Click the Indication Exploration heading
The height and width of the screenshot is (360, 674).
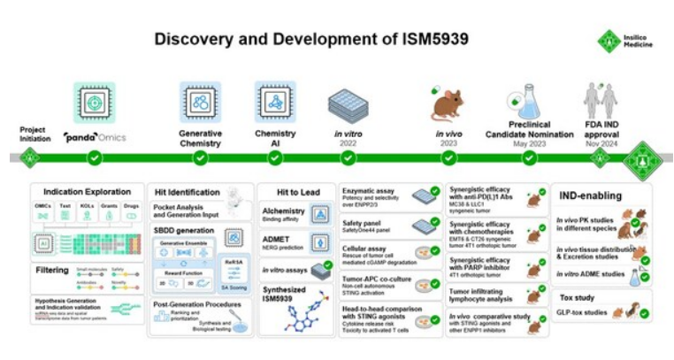tap(80, 191)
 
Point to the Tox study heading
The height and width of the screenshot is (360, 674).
tap(576, 296)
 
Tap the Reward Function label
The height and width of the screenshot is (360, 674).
tap(189, 272)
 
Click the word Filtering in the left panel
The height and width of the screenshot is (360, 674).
tap(55, 269)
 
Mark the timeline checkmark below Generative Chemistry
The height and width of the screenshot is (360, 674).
tap(200, 158)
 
